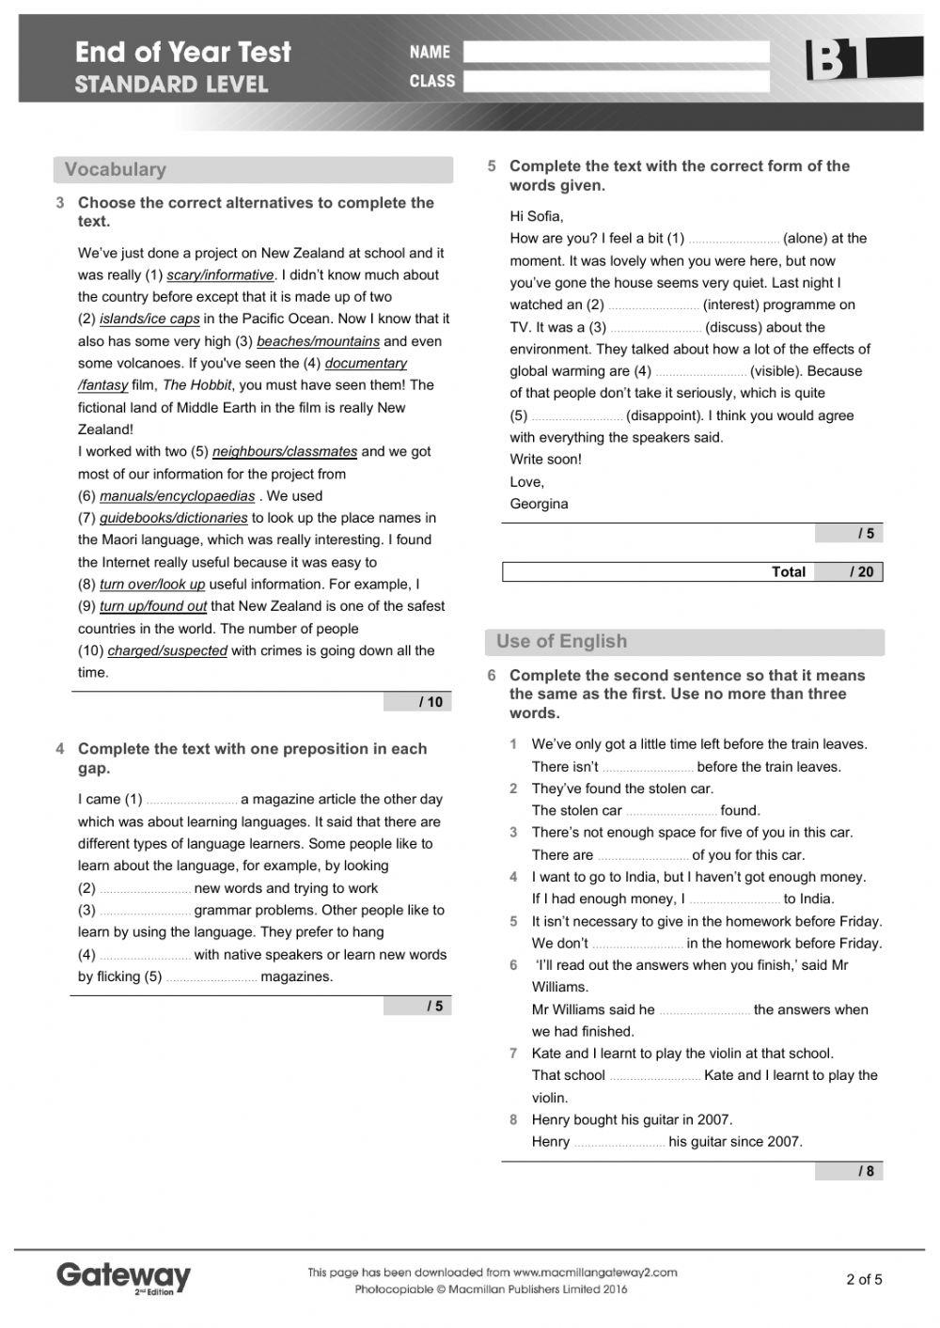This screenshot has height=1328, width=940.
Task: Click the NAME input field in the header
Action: click(x=616, y=52)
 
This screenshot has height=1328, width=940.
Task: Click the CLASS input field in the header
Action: click(x=616, y=82)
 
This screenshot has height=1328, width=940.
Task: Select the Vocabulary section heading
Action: click(x=116, y=170)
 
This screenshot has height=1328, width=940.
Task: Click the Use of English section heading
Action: click(x=561, y=642)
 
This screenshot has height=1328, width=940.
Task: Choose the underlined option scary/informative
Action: click(x=220, y=275)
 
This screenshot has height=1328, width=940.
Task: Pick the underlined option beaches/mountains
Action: click(x=318, y=341)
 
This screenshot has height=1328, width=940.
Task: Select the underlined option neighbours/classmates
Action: click(x=285, y=452)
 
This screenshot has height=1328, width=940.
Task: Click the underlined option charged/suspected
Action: click(x=167, y=650)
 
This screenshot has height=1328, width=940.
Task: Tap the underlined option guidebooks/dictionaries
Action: click(x=174, y=518)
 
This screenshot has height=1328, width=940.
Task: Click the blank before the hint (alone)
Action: click(x=733, y=240)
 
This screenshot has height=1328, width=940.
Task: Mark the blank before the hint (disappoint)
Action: click(x=576, y=416)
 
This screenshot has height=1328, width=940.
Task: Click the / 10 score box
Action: click(x=417, y=702)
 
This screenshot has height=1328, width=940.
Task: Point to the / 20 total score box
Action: click(x=848, y=571)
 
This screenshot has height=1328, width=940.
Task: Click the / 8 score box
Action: click(x=849, y=1171)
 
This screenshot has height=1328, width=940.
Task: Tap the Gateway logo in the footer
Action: click(x=123, y=1276)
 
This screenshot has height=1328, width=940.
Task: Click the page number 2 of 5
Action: click(x=864, y=1278)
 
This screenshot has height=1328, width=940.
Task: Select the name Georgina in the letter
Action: click(x=539, y=504)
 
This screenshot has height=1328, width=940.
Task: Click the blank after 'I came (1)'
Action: click(x=192, y=801)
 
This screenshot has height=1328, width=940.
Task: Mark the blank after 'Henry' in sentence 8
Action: click(x=619, y=1143)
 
